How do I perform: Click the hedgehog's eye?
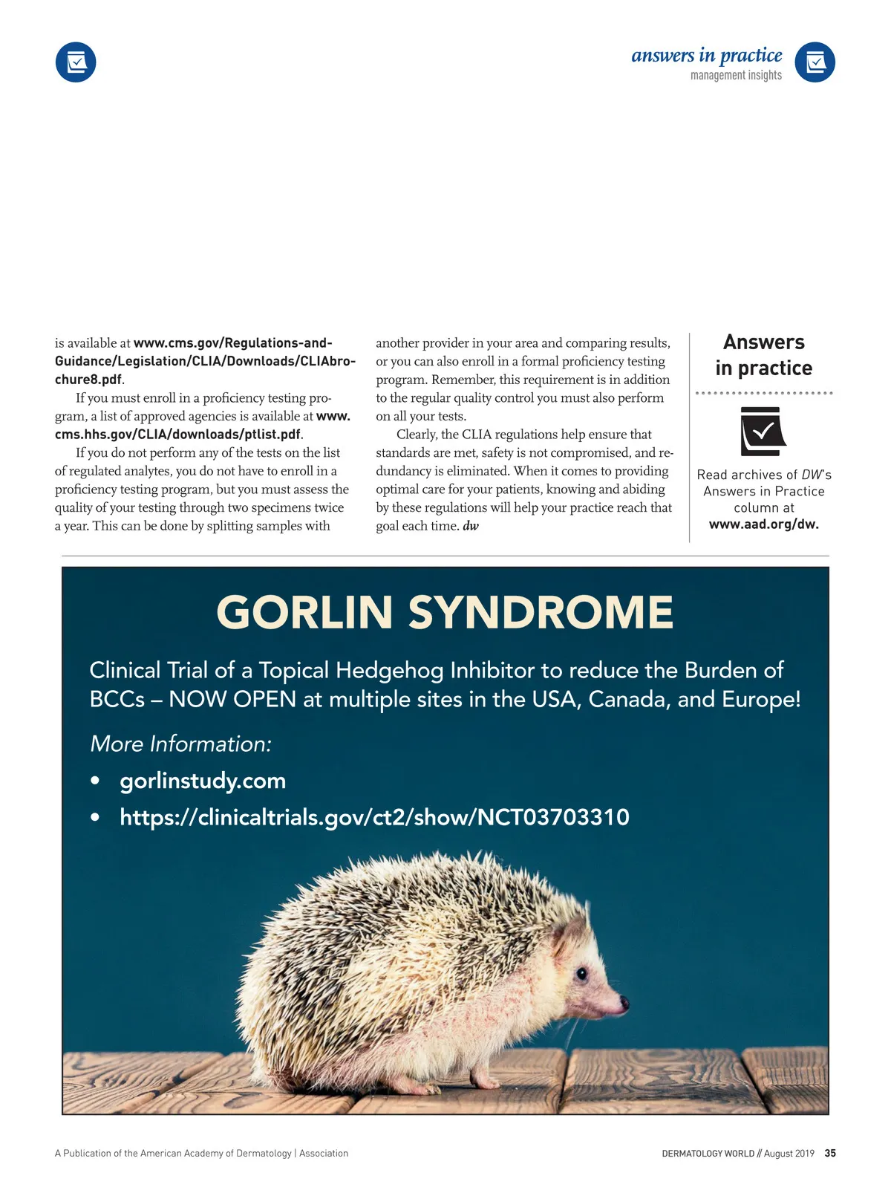[581, 973]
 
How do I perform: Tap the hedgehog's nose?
[624, 1004]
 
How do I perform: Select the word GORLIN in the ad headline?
[304, 613]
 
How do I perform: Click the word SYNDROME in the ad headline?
[541, 613]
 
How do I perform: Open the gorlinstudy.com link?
[203, 781]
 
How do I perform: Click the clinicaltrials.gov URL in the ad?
[374, 817]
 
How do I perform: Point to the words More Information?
[180, 744]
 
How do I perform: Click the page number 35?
[830, 1153]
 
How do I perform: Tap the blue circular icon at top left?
[76, 62]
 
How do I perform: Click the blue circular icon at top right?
[815, 62]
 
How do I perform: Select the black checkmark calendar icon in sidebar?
[763, 431]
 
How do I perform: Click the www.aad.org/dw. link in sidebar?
[763, 524]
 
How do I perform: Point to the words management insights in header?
[736, 75]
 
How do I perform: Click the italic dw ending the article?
[471, 526]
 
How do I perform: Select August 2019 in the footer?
[789, 1153]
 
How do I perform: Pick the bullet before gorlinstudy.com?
[95, 781]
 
